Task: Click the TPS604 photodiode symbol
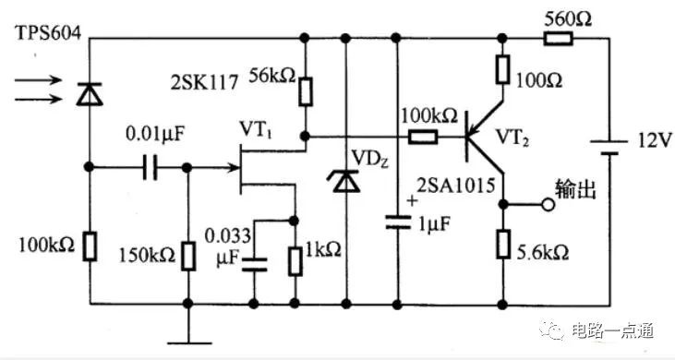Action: click(x=90, y=94)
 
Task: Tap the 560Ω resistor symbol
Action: click(x=559, y=39)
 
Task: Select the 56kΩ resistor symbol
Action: click(x=306, y=91)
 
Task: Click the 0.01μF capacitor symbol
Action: click(x=150, y=167)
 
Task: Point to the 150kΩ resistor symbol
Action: click(x=187, y=257)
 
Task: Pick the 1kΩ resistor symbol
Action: click(x=295, y=261)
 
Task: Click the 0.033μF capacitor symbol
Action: click(x=254, y=265)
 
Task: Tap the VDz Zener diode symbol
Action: click(x=345, y=181)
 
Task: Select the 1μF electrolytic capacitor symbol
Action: click(x=397, y=222)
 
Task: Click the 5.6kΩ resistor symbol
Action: click(x=502, y=245)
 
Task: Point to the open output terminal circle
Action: click(x=548, y=205)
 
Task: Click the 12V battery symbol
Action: click(x=609, y=147)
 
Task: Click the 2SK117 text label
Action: click(x=204, y=82)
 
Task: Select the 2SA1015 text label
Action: click(x=456, y=186)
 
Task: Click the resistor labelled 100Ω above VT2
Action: click(x=502, y=69)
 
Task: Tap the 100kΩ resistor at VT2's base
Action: click(x=423, y=138)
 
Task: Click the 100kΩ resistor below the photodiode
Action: click(x=90, y=246)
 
